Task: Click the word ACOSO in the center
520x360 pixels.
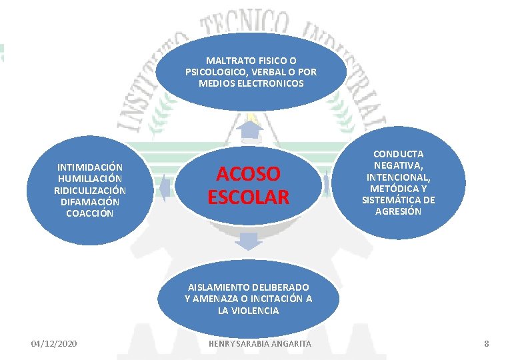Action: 248,174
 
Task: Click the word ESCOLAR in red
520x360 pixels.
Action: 248,197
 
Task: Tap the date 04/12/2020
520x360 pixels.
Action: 54,343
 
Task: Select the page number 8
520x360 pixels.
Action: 486,343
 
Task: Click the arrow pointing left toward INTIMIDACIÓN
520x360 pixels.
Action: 163,186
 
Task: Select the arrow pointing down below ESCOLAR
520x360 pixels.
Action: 247,242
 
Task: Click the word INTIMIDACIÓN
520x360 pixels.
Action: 89,167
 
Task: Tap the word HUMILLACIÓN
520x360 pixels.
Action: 89,179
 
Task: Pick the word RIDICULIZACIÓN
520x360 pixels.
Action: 89,190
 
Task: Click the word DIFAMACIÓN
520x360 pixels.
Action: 89,201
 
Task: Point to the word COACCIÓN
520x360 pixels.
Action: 89,213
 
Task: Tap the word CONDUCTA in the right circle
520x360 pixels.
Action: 398,154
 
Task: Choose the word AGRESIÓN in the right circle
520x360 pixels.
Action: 398,211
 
